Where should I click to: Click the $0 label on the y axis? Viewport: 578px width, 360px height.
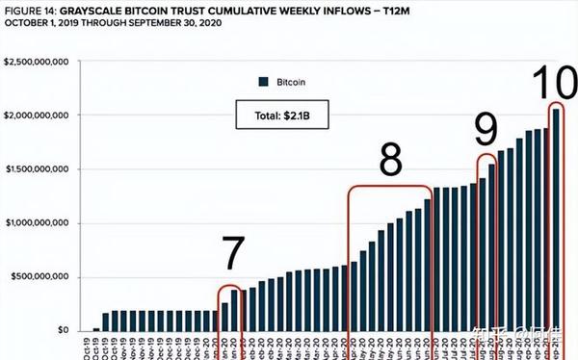click(x=64, y=330)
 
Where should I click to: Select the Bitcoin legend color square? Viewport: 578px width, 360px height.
click(x=262, y=82)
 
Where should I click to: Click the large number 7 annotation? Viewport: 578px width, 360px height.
click(x=233, y=252)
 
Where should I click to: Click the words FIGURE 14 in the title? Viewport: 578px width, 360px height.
click(x=30, y=8)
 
